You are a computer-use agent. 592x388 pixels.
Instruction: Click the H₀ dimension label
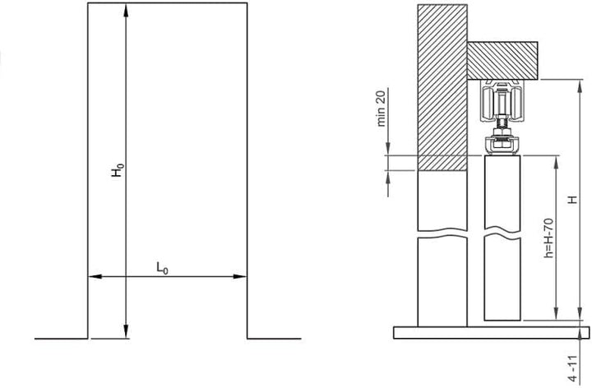(x=118, y=170)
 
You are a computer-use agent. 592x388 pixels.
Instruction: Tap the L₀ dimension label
(x=162, y=268)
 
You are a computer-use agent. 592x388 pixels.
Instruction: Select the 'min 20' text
(x=382, y=108)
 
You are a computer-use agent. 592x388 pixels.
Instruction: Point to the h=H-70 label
(x=548, y=238)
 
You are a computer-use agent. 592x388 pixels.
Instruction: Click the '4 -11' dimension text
(x=573, y=369)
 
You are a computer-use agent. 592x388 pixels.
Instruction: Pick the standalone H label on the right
(x=573, y=199)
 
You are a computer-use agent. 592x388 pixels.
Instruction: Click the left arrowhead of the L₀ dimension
(x=95, y=276)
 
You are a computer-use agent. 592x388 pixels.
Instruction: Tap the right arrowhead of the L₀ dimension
(x=240, y=276)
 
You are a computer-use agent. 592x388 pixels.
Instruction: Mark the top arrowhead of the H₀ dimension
(x=126, y=10)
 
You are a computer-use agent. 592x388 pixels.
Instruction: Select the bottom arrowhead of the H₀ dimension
(x=126, y=330)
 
